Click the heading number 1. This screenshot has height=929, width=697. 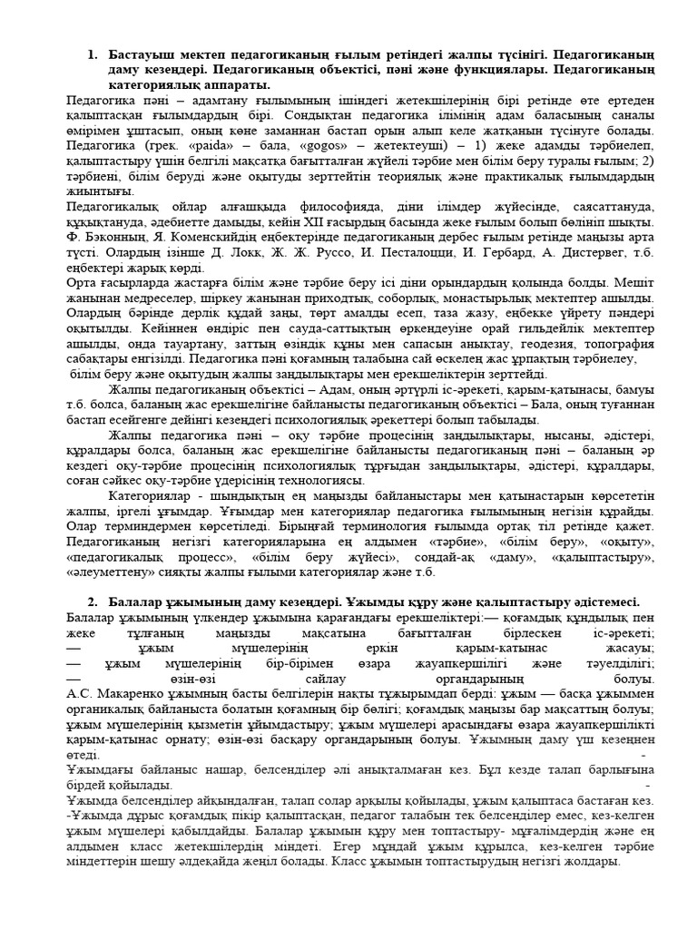tap(92, 55)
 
